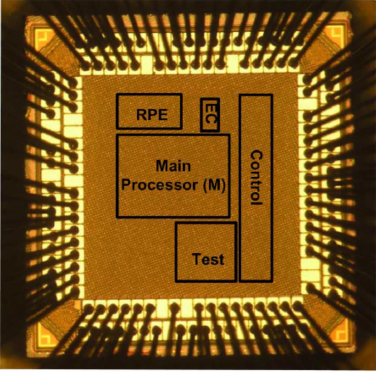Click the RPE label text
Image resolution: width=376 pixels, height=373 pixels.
click(152, 115)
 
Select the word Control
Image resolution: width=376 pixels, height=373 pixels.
click(256, 178)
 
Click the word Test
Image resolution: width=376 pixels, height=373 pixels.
click(208, 259)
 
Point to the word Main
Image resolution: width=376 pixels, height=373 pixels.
click(173, 166)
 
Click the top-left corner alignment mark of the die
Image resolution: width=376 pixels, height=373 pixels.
click(43, 36)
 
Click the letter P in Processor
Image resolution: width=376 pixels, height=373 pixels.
click(127, 185)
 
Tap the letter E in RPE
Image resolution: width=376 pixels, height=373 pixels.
click(162, 115)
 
